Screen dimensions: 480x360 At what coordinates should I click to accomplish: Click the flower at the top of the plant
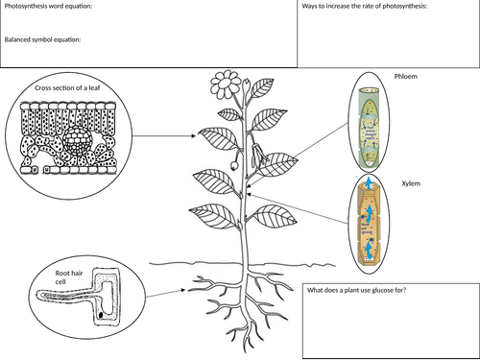coord(227,84)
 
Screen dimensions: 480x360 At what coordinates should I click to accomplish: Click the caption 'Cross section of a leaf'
coord(67,89)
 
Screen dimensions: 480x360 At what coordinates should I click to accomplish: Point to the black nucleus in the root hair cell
coord(100,313)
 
